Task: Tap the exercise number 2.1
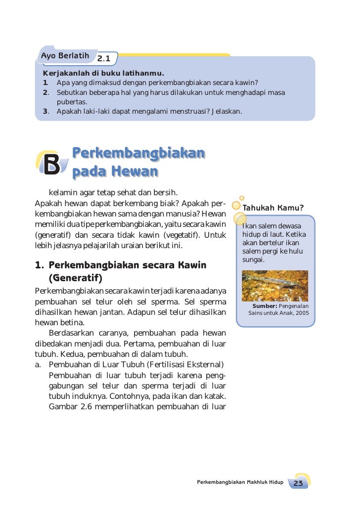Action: pos(103,59)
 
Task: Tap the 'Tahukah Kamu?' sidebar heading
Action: pos(273,207)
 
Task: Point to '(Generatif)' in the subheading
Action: pos(75,278)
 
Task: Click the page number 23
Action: pos(298,483)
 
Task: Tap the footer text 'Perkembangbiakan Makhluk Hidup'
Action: pos(240,482)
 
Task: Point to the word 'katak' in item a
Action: pos(216,396)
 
